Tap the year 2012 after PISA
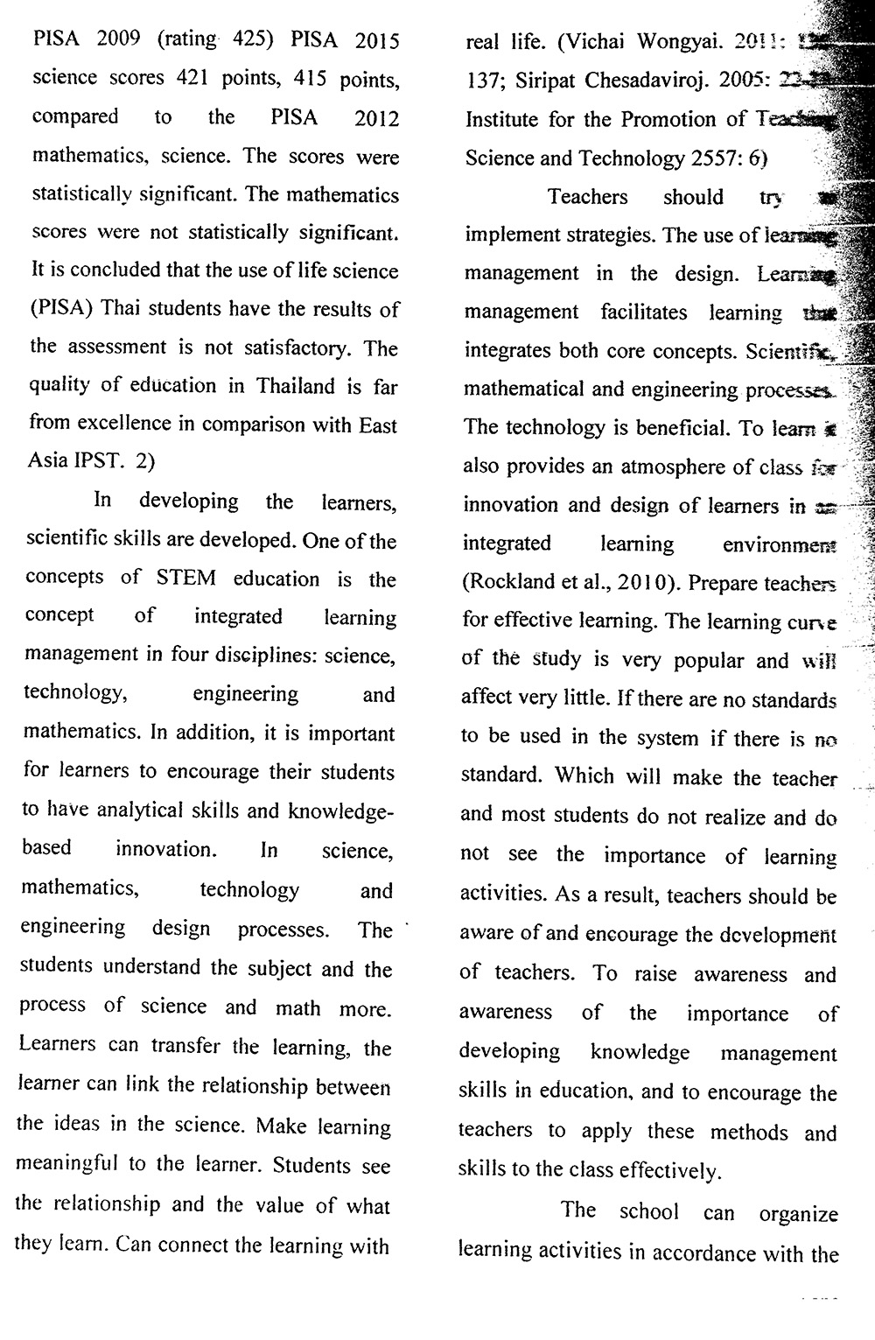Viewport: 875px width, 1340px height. (x=376, y=118)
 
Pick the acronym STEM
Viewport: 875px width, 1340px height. (x=184, y=579)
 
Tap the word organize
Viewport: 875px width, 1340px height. (x=798, y=1215)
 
